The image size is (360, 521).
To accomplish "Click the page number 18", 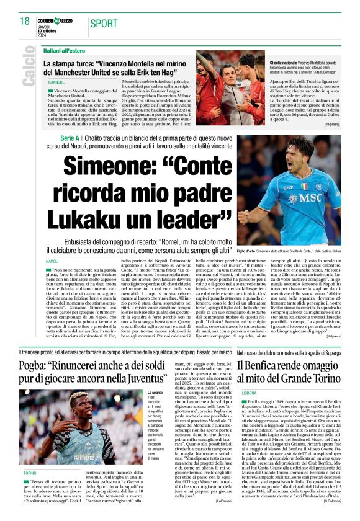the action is coord(24,21).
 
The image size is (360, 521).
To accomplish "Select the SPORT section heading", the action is coord(104,24).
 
